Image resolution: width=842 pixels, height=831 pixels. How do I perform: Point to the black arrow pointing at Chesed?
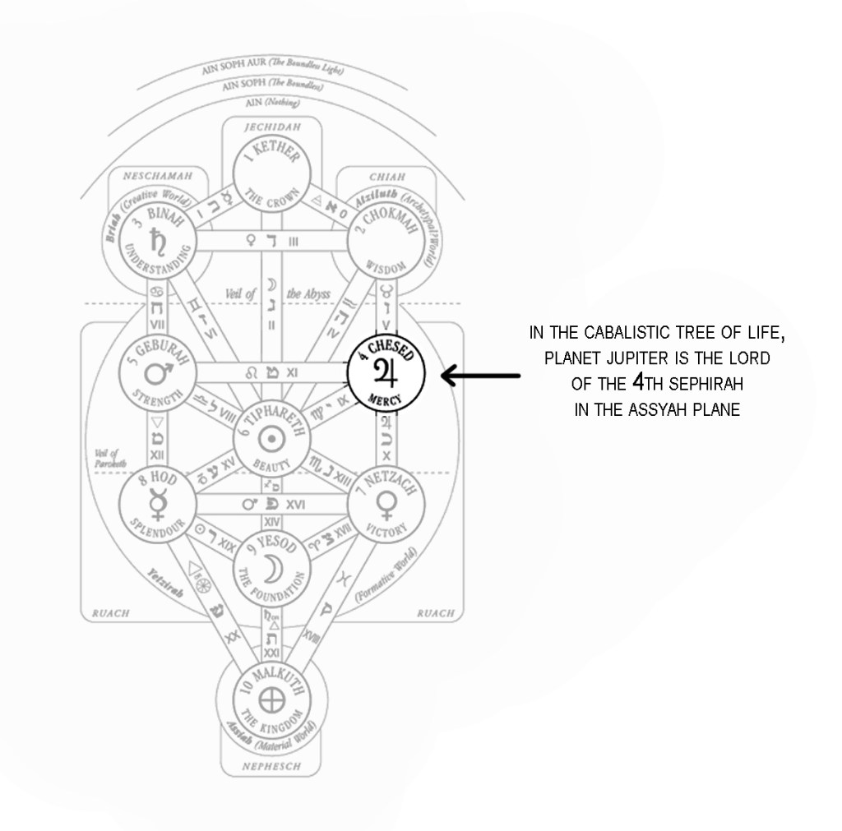tap(481, 376)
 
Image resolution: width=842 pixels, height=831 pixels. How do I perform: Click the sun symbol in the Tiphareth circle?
tap(271, 437)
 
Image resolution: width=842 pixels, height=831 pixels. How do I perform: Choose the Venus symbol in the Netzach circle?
tap(385, 502)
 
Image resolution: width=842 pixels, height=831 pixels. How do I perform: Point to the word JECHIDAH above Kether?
tap(271, 127)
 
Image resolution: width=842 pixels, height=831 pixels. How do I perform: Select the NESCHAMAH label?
tap(158, 175)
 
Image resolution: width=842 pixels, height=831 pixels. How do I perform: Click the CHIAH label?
tap(385, 175)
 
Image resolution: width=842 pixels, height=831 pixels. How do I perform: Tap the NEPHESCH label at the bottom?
tap(271, 767)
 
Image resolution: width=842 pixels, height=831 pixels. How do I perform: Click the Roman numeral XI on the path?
tap(291, 372)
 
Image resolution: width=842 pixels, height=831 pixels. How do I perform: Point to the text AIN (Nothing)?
tap(272, 104)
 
